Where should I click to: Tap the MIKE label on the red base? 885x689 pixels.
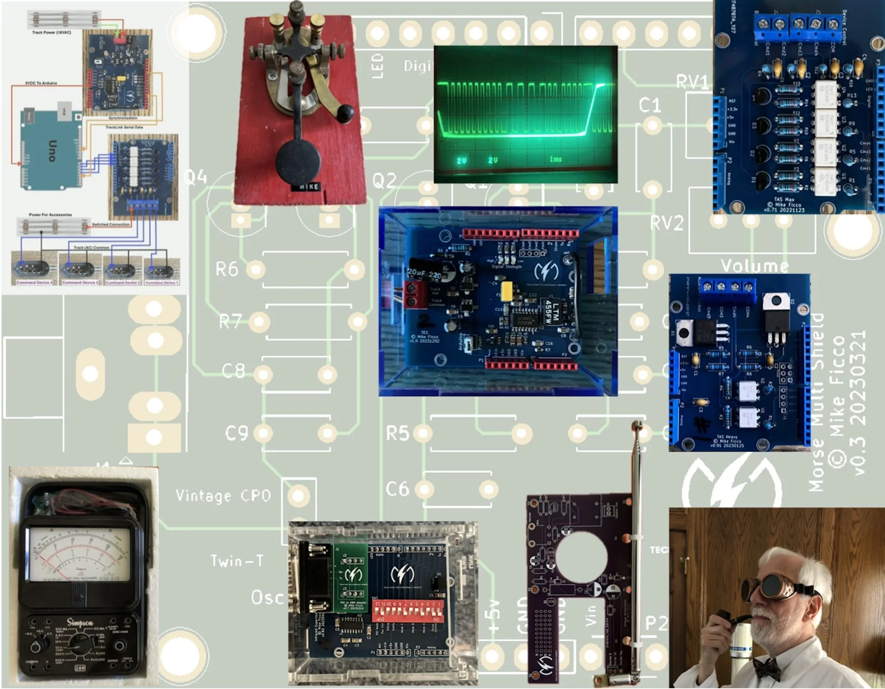(308, 187)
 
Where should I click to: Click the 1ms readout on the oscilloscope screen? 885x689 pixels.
(556, 159)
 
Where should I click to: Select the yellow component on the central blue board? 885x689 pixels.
(507, 290)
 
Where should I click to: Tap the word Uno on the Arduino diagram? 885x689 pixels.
(52, 150)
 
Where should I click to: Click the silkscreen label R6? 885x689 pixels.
(227, 269)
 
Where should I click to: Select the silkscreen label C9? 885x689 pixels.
(236, 433)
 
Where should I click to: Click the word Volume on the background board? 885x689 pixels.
(755, 266)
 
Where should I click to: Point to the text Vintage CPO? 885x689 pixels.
(223, 495)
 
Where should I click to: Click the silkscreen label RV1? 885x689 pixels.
(692, 82)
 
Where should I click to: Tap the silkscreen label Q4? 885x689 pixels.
(195, 177)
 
